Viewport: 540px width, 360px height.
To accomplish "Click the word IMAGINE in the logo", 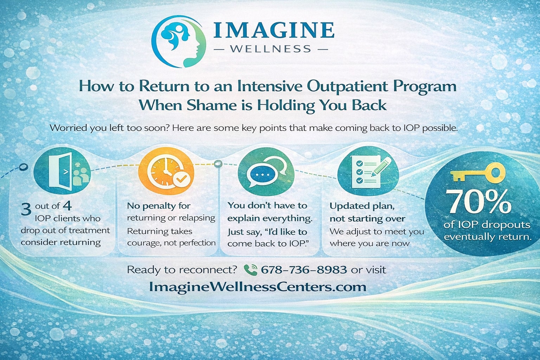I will (x=274, y=30).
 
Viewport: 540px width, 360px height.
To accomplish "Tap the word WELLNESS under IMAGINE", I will (x=271, y=49).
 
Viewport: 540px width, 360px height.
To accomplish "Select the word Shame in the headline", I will (x=209, y=105).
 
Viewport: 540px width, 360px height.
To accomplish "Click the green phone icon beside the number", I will (x=250, y=270).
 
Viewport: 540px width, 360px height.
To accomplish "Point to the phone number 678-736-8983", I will (x=304, y=270).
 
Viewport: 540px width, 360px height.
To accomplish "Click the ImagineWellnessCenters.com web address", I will (x=258, y=287).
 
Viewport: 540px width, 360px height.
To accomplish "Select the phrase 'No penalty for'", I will (x=159, y=206).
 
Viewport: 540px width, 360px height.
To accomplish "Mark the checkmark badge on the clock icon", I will (x=182, y=179).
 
